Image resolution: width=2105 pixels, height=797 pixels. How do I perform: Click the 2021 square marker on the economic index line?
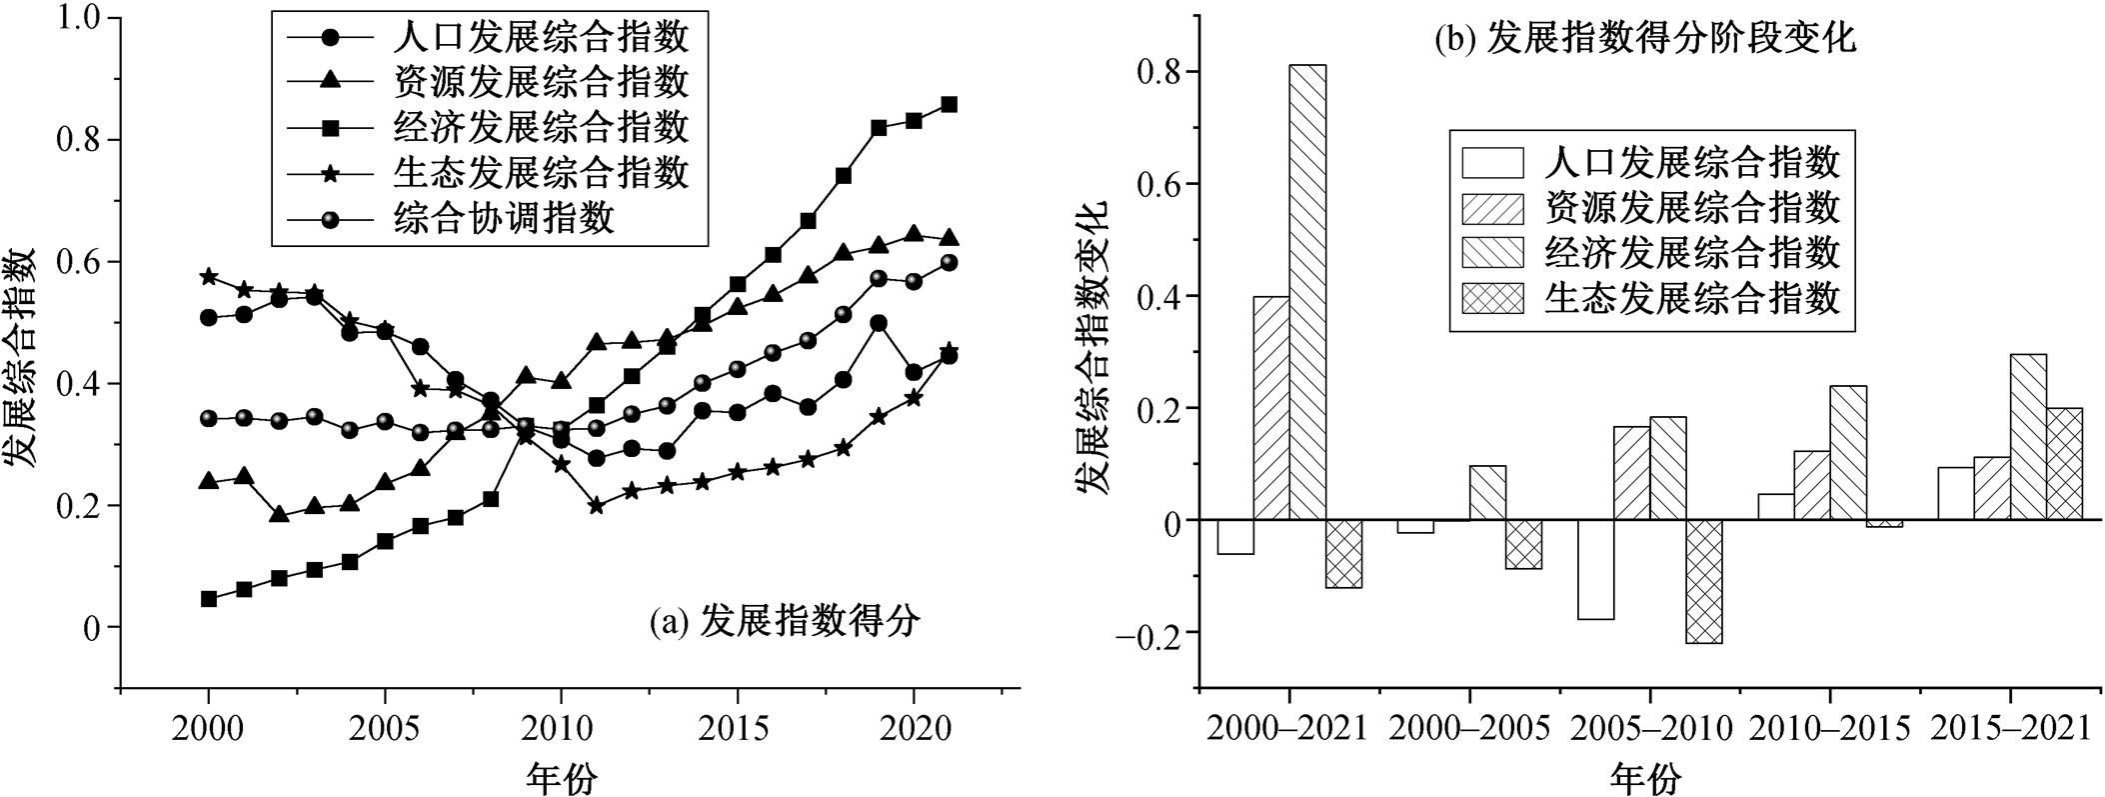[x=950, y=104]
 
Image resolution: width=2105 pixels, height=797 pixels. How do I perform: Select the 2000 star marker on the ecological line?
[x=209, y=276]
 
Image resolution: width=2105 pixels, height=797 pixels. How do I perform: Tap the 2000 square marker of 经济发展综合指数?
[x=209, y=599]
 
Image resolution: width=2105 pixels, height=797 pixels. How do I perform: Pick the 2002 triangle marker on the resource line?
[x=279, y=515]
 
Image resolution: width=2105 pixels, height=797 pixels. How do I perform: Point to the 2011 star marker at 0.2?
[x=596, y=506]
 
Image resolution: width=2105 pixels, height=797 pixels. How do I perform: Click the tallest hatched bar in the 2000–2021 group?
[x=1307, y=292]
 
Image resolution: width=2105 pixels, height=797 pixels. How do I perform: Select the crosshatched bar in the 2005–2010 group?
[x=1703, y=581]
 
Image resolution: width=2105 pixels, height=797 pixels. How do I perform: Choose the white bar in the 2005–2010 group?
[x=1595, y=569]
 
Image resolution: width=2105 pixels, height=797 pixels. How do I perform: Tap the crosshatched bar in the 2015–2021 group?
[x=2064, y=463]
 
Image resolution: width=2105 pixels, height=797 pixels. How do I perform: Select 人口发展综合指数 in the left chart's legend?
[x=541, y=38]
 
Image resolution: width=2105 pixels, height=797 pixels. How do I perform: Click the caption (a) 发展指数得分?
[x=784, y=622]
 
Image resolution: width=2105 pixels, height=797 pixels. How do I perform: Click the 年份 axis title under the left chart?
[x=562, y=777]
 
